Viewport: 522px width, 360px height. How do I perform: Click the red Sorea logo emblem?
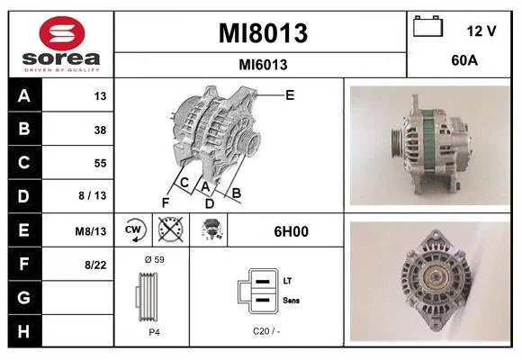[x=62, y=33]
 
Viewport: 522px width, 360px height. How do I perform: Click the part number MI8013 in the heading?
[x=263, y=33]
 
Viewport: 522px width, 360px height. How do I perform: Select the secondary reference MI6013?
[x=263, y=65]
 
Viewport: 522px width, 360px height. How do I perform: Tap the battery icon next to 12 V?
[x=427, y=26]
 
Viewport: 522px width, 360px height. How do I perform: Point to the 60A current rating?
[x=464, y=60]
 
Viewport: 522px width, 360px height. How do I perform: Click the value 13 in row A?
[x=100, y=96]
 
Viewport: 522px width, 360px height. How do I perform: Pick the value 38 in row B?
[x=100, y=130]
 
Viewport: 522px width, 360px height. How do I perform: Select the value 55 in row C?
[x=100, y=163]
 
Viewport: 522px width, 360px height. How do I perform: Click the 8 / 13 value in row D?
[x=92, y=195]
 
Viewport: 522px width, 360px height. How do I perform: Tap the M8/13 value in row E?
[x=91, y=231]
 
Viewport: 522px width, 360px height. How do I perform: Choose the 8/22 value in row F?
[x=95, y=265]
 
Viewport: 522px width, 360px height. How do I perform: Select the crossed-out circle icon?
[x=171, y=229]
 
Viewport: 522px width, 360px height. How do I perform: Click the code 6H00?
[x=291, y=231]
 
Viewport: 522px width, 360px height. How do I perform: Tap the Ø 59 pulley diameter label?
[x=155, y=259]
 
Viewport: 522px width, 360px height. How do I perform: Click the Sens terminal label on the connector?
[x=291, y=301]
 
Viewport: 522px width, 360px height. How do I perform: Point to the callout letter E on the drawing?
[x=290, y=95]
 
